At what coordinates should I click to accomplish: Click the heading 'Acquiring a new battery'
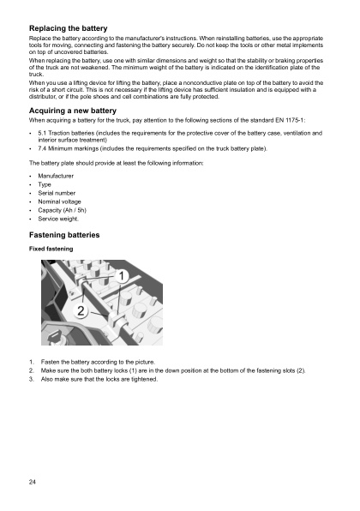coord(75,111)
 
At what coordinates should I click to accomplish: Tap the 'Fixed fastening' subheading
coord(51,249)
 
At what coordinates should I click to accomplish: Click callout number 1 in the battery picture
coord(123,276)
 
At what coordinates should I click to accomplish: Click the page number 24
coord(32,484)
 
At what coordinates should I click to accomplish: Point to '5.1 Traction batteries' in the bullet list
coord(70,135)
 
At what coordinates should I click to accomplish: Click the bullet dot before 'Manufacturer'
coord(31,174)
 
